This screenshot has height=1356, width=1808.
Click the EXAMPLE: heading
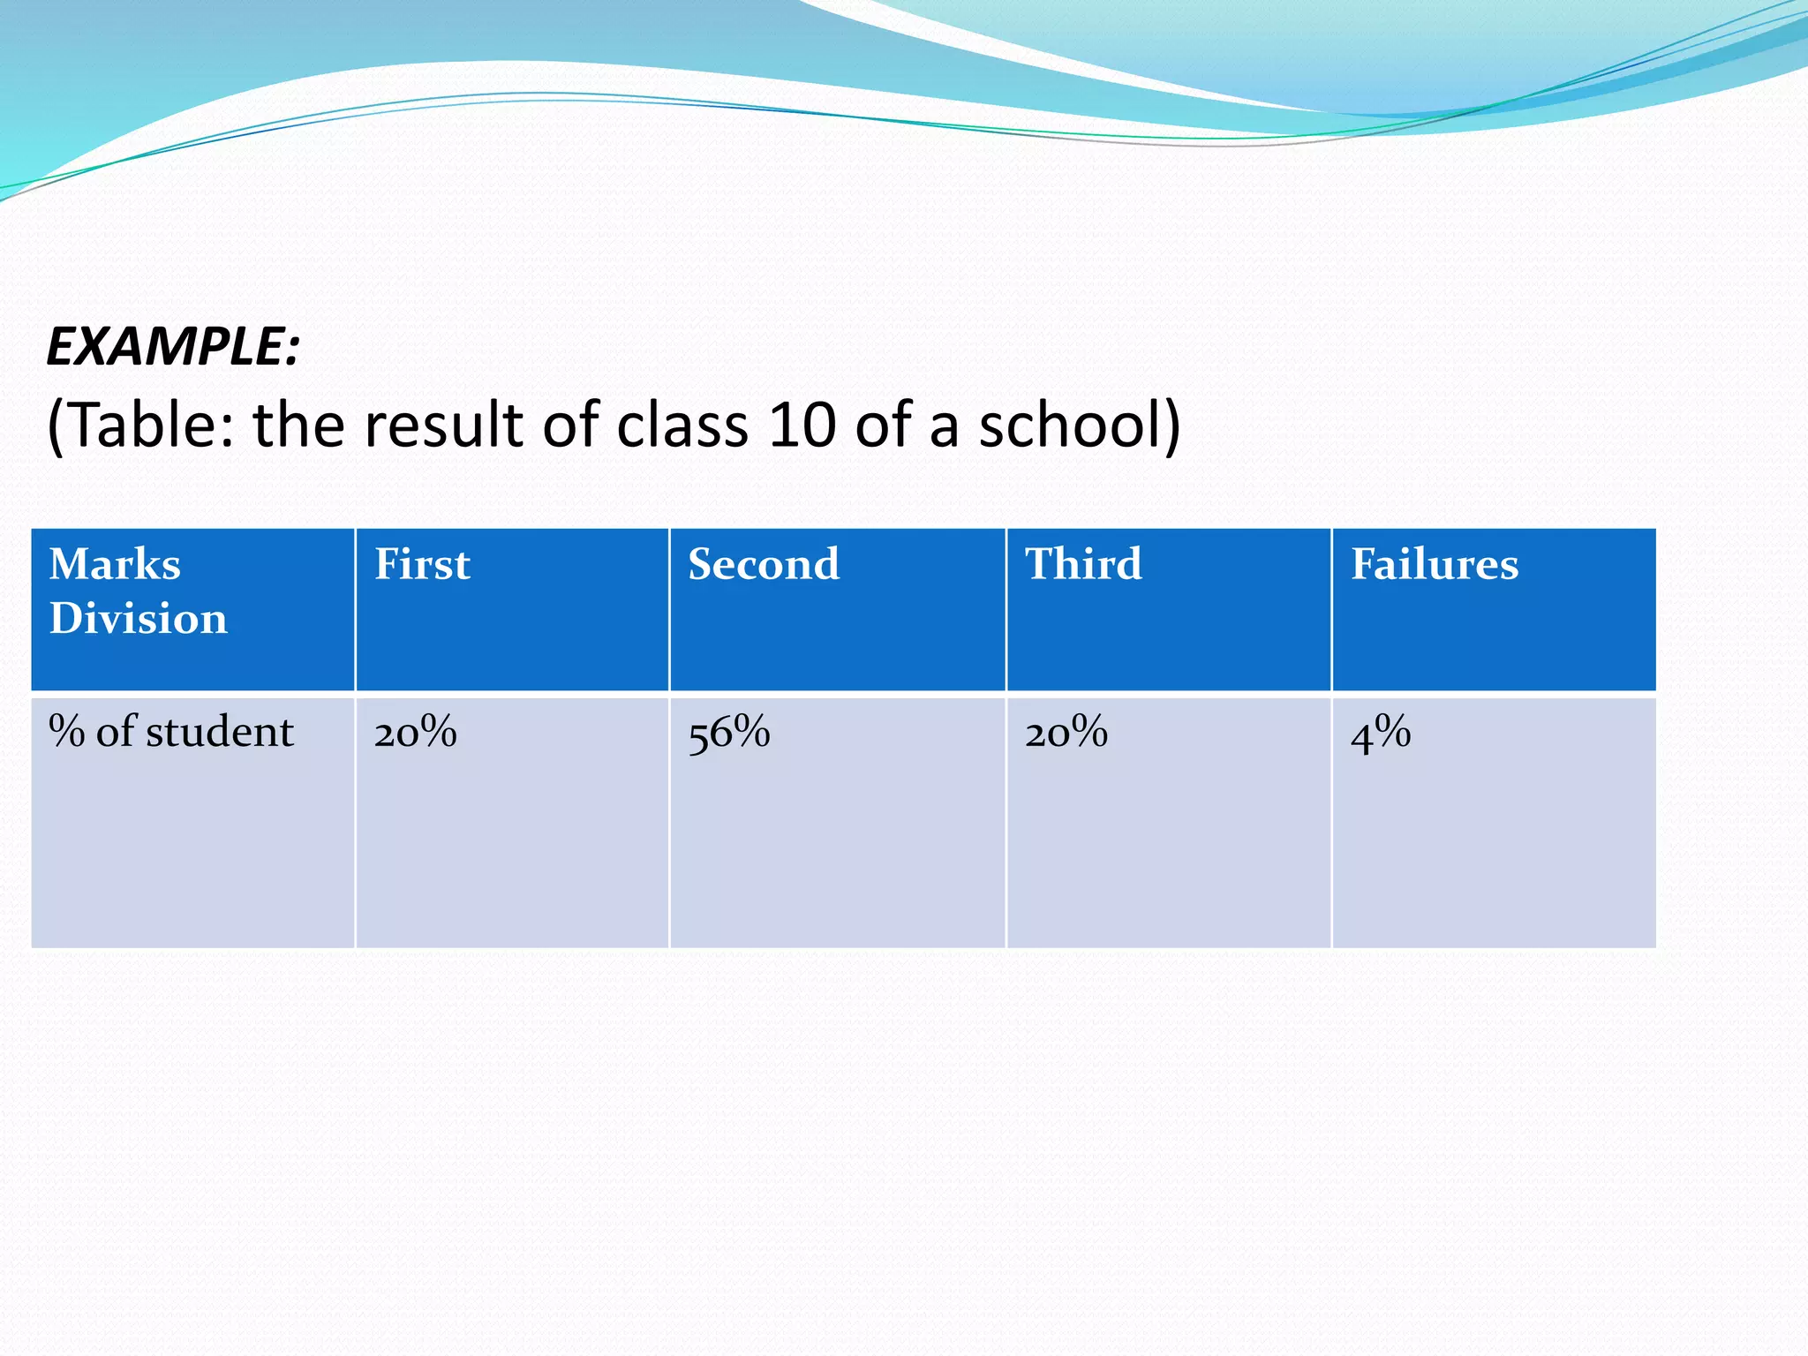173,346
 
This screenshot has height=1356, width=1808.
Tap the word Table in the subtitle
143,426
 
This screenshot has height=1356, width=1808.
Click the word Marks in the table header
115,564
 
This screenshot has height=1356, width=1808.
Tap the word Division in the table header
139,618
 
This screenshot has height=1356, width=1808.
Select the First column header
422,564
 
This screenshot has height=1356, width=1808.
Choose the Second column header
764,564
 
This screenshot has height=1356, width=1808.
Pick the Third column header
1083,564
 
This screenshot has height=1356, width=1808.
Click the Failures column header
1435,564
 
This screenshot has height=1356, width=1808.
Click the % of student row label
170,732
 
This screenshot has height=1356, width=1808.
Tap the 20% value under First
415,733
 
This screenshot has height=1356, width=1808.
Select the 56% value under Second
729,733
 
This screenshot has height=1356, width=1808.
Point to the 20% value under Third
1066,733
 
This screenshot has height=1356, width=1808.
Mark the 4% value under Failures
1381,733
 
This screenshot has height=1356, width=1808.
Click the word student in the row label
220,732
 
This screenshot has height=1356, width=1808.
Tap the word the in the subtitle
298,426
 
